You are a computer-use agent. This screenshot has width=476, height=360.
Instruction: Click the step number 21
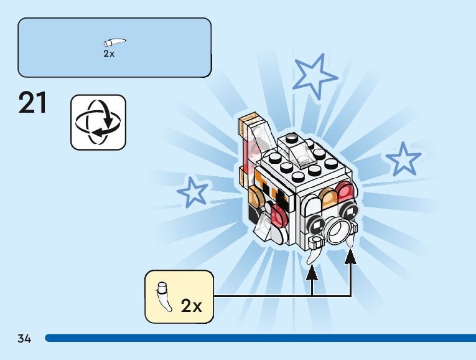[33, 103]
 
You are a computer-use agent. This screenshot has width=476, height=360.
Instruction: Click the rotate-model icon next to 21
[98, 122]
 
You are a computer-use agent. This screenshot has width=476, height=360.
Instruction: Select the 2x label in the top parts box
[109, 54]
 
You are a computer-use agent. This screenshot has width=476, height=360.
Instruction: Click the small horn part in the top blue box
[114, 44]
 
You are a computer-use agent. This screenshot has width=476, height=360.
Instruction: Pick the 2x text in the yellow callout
[191, 306]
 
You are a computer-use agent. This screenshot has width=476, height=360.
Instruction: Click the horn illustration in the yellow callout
[164, 296]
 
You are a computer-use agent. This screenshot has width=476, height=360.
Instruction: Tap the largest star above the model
[315, 75]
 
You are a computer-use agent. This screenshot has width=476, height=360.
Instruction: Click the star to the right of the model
[403, 159]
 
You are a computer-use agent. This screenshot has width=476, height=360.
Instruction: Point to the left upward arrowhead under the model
[312, 272]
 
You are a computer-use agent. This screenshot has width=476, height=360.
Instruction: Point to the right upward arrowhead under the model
[351, 255]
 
